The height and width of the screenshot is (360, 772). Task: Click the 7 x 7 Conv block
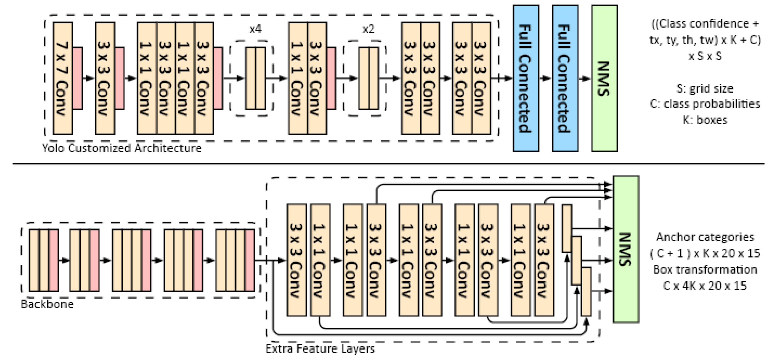click(x=63, y=78)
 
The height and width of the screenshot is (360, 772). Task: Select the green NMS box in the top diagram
click(x=605, y=78)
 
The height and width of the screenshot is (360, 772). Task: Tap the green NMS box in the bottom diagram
click(x=626, y=249)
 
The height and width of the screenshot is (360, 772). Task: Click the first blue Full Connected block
click(x=526, y=78)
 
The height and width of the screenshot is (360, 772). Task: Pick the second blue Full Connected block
click(x=565, y=78)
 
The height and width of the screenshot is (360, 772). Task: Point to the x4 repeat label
click(x=255, y=29)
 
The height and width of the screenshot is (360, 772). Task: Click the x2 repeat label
click(x=368, y=29)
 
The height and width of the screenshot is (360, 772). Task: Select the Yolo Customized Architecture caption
click(x=122, y=148)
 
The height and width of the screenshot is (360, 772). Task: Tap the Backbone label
click(x=47, y=304)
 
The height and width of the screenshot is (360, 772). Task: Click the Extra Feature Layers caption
click(x=320, y=348)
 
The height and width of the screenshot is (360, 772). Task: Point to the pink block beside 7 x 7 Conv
click(x=78, y=78)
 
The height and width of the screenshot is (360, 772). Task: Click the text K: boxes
click(x=705, y=120)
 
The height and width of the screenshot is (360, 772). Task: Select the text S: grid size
click(x=705, y=89)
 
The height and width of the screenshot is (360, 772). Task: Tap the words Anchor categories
click(x=705, y=237)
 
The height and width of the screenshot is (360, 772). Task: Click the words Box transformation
click(x=705, y=270)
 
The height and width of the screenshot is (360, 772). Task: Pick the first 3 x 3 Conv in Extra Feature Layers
click(x=297, y=260)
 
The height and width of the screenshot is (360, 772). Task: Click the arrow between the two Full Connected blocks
click(x=545, y=78)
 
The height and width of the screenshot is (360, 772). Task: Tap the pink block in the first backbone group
click(x=54, y=260)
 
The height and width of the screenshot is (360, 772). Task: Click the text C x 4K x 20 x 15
click(x=705, y=286)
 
